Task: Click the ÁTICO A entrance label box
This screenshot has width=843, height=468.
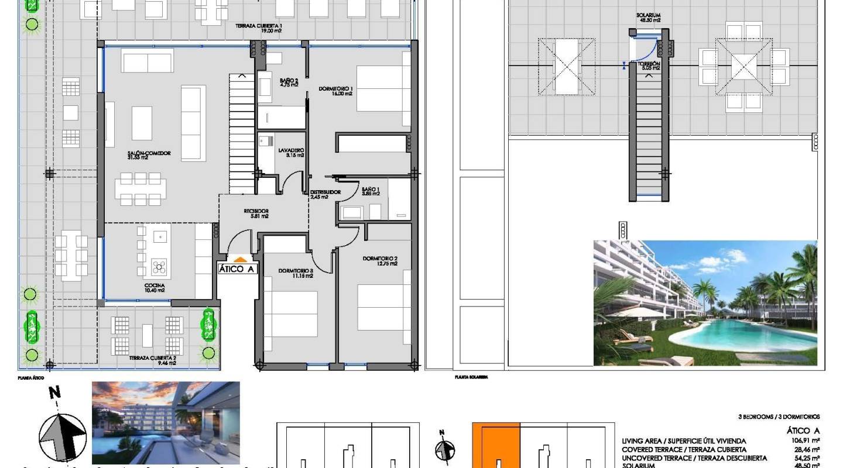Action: (x=237, y=269)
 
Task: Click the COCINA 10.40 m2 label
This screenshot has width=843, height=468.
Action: (x=155, y=287)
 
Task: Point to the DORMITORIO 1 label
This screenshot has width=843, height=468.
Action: (x=335, y=91)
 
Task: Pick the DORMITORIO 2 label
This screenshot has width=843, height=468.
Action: (x=380, y=261)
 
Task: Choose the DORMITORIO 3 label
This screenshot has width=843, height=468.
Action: (x=296, y=273)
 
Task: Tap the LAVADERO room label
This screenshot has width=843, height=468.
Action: (x=291, y=153)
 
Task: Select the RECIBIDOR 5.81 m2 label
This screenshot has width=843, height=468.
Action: (x=256, y=213)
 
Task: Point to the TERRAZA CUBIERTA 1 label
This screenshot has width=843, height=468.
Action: (x=259, y=28)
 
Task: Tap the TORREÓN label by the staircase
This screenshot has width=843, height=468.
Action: (x=649, y=66)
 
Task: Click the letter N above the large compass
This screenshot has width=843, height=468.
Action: (x=54, y=393)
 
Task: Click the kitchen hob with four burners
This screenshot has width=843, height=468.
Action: (x=159, y=267)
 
